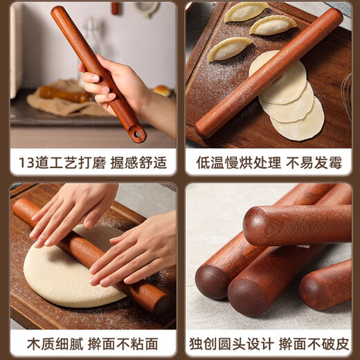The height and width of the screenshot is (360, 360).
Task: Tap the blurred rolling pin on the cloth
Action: coord(62,93)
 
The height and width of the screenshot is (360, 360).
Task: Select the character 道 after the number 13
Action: coord(40,163)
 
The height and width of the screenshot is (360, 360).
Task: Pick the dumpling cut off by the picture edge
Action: coord(245,10)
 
